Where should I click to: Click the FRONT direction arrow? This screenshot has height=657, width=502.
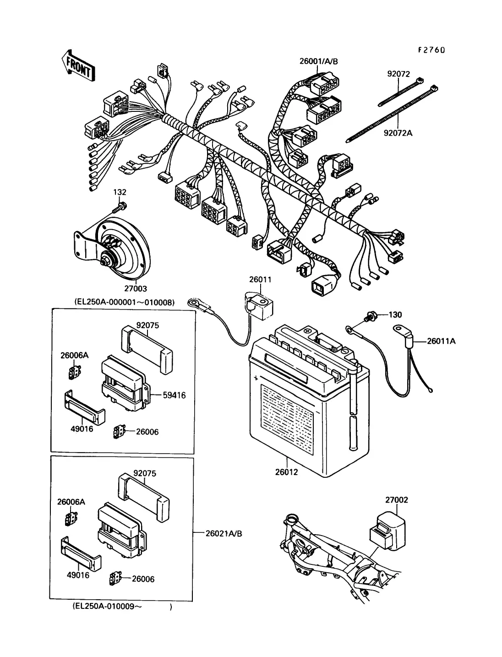click(78, 66)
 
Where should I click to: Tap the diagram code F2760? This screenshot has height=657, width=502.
click(431, 50)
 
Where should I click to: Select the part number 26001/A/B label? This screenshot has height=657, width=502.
click(319, 61)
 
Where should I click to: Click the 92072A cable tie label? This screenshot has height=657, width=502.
click(398, 133)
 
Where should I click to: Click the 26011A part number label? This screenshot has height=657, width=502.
click(441, 341)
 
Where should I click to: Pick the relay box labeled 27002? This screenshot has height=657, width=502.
click(387, 531)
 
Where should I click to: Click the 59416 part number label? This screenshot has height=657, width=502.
click(174, 395)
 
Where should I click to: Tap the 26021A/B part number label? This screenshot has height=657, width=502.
click(224, 533)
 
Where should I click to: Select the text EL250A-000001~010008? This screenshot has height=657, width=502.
click(125, 302)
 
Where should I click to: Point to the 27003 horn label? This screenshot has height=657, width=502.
click(136, 289)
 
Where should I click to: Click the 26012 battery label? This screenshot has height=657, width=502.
click(287, 472)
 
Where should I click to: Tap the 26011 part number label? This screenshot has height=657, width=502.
click(260, 279)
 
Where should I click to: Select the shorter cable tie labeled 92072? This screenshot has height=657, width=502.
click(401, 92)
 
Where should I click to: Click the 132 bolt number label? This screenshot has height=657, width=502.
click(120, 192)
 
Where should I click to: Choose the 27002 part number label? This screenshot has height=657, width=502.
click(396, 500)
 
